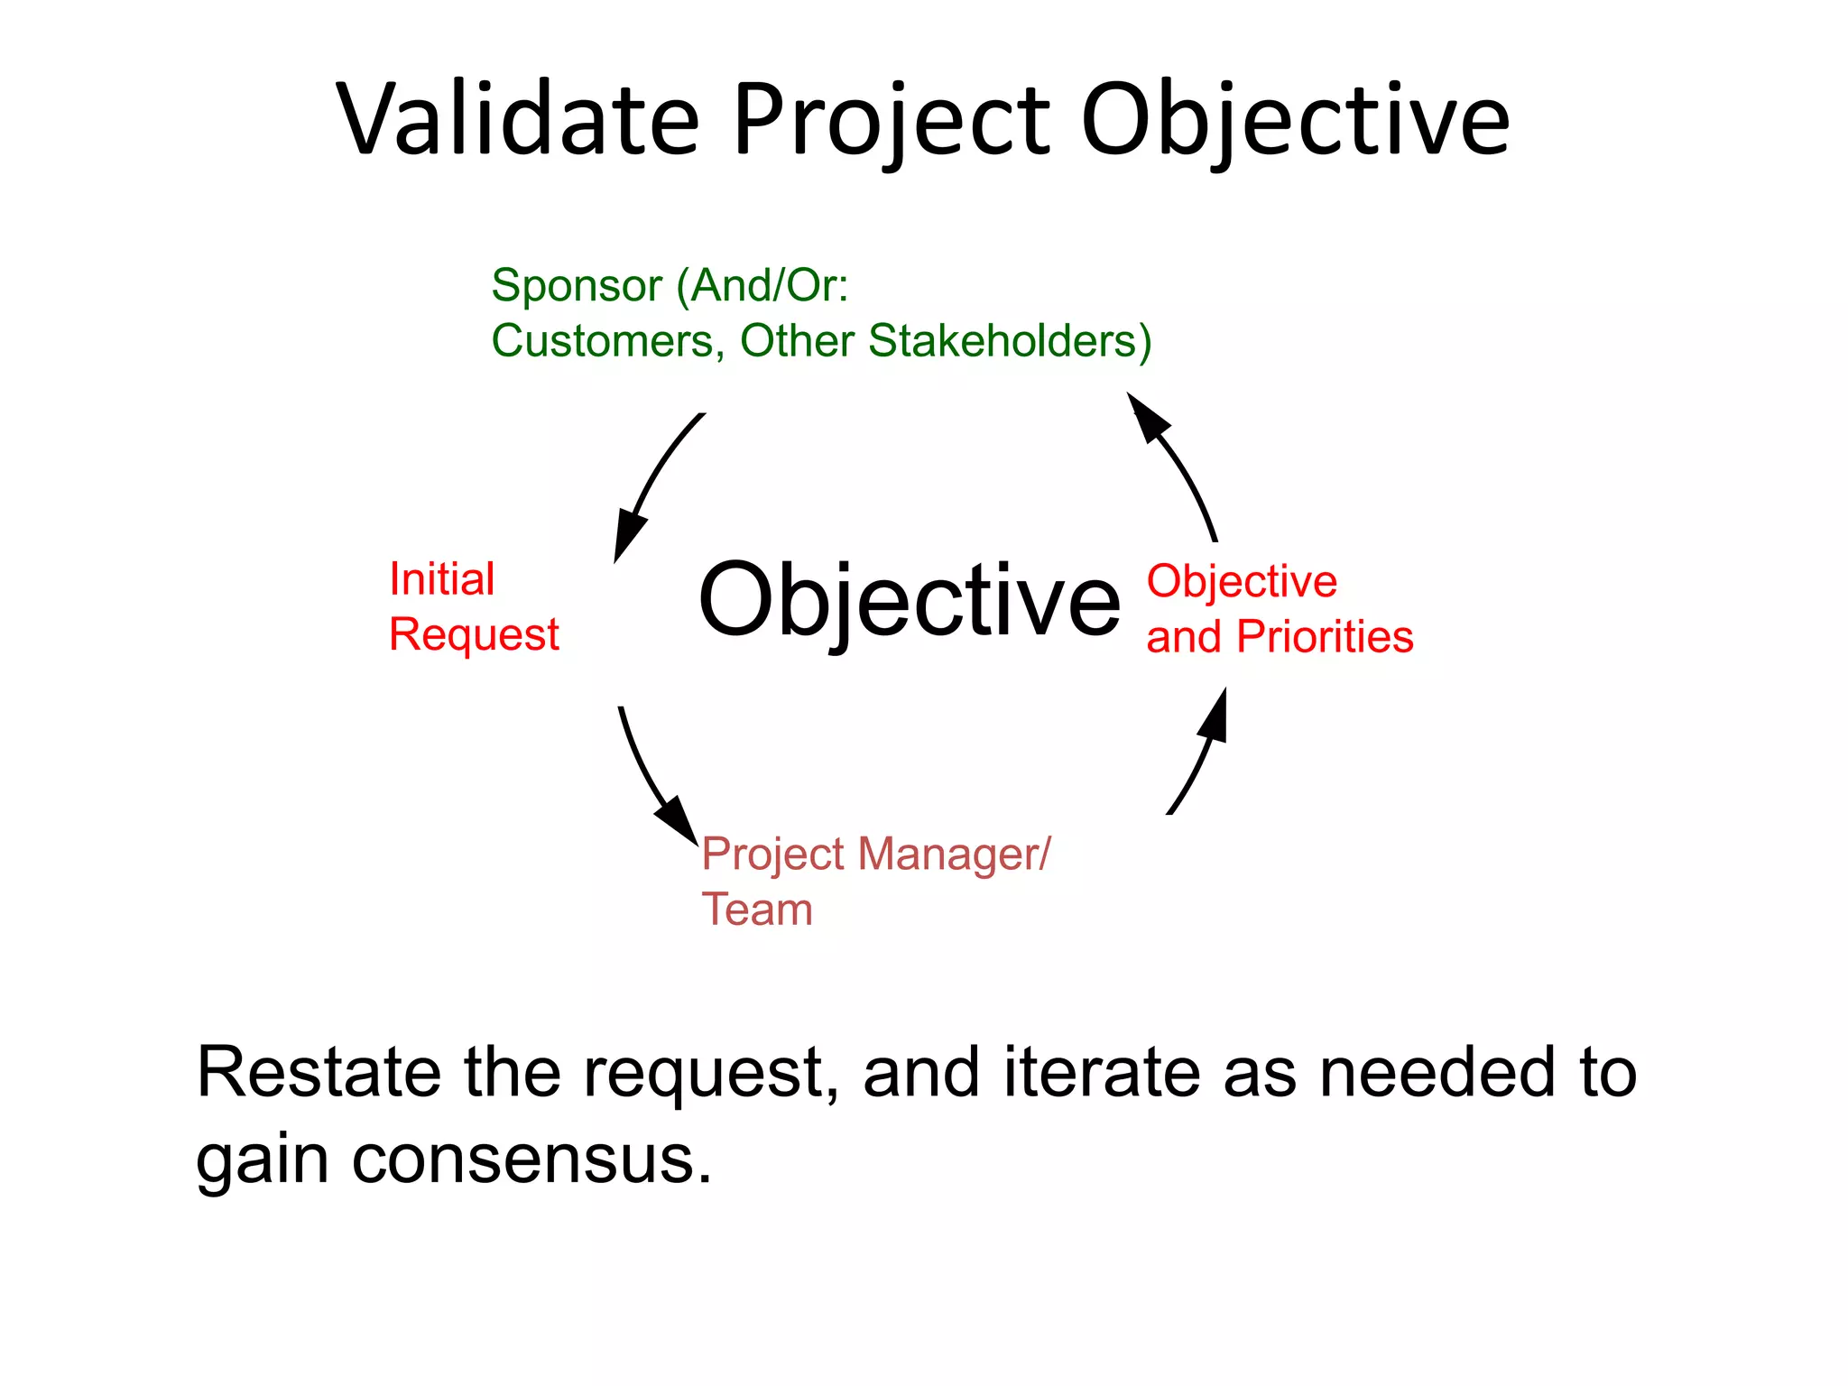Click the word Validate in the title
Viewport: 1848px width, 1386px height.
(x=518, y=120)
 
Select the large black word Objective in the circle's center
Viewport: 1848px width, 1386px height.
(x=909, y=599)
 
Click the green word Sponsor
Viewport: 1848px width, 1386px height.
(x=577, y=286)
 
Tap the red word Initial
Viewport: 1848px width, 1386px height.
(x=441, y=578)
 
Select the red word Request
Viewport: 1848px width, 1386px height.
(x=474, y=634)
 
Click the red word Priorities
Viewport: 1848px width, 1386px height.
(x=1324, y=637)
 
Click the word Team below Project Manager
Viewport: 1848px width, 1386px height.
(x=757, y=910)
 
